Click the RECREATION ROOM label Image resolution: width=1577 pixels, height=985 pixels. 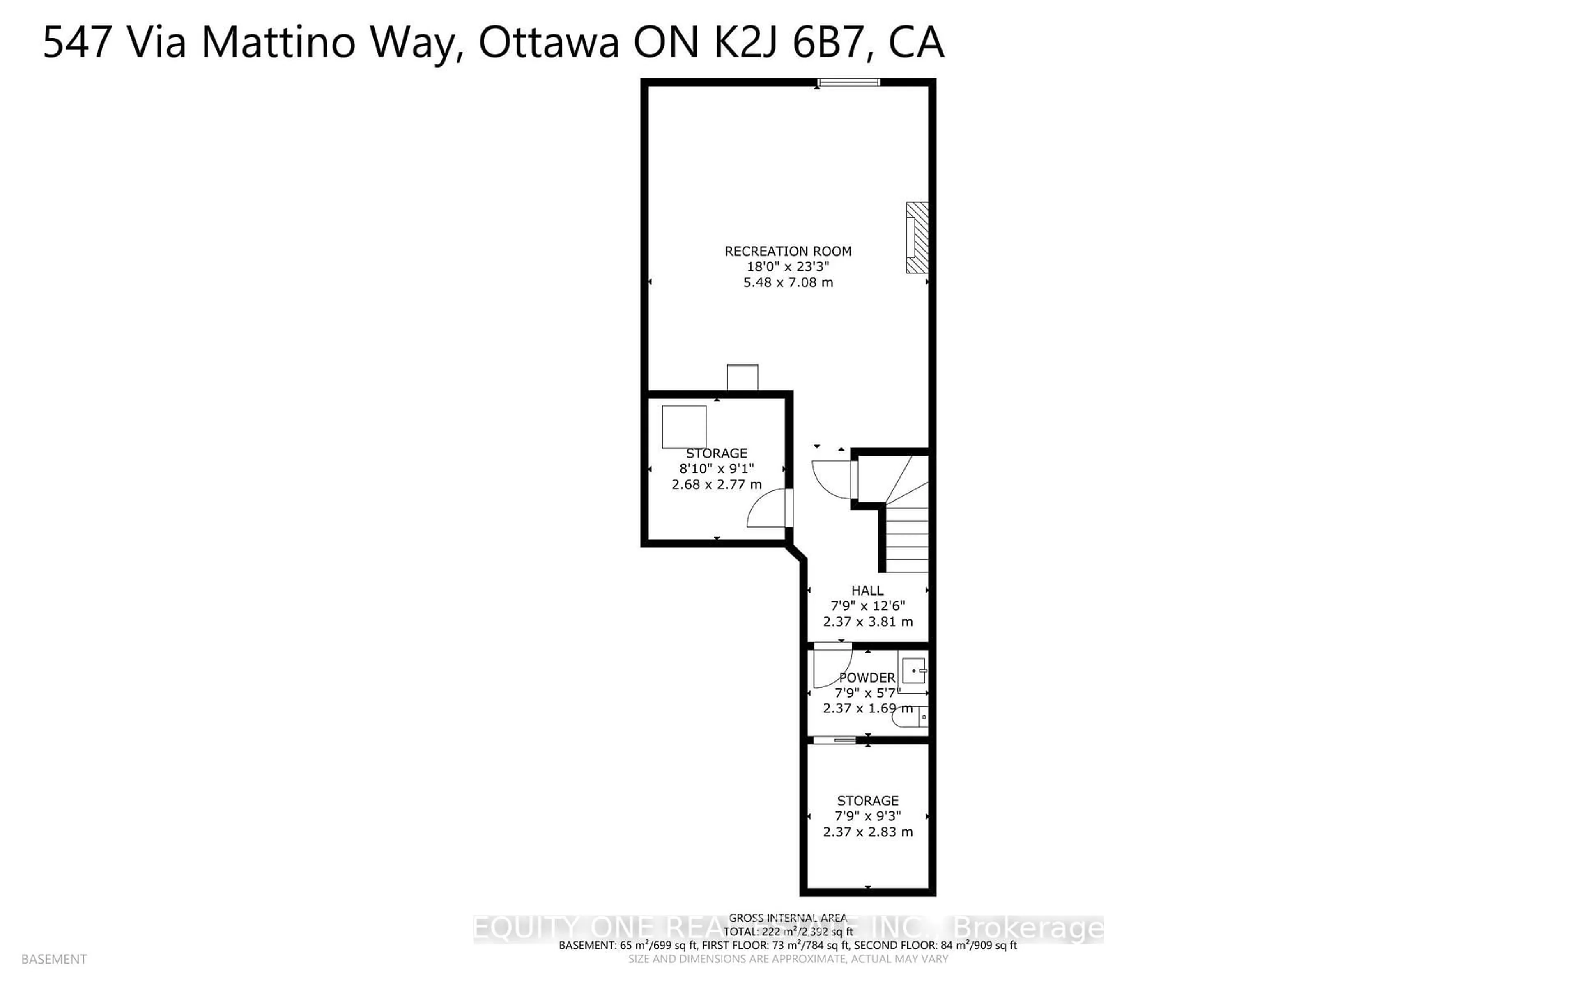click(x=788, y=251)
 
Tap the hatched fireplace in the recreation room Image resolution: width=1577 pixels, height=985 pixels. click(x=917, y=237)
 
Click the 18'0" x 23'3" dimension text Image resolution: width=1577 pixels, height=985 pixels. click(x=788, y=266)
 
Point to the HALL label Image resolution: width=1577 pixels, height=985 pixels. click(x=867, y=590)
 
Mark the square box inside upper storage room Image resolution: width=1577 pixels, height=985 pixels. click(x=684, y=427)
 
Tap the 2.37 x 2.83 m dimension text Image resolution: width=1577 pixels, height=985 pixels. click(x=867, y=832)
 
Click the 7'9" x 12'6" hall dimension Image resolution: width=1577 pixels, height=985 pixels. click(x=867, y=606)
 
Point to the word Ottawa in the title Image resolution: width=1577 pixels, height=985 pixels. click(x=549, y=43)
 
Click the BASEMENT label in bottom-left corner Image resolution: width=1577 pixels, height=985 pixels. click(x=54, y=959)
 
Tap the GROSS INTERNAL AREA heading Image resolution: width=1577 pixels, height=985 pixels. click(x=787, y=917)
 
